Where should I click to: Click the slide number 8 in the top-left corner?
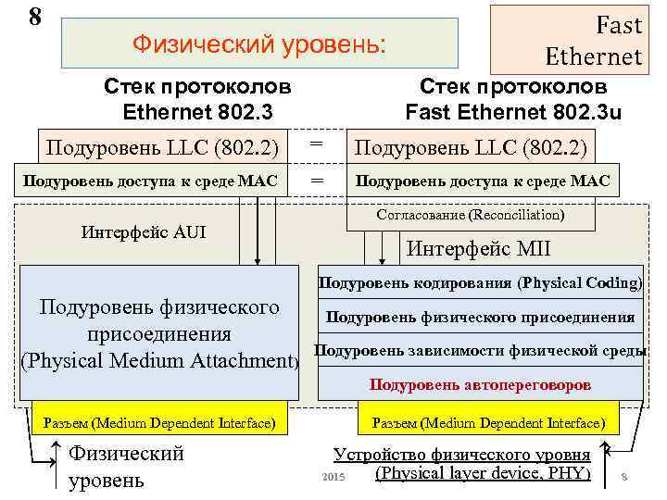pyautogui.click(x=35, y=17)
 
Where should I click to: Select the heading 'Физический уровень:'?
pyautogui.click(x=259, y=44)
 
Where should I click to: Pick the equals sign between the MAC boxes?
pyautogui.click(x=317, y=181)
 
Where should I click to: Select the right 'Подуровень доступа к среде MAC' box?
pyautogui.click(x=483, y=181)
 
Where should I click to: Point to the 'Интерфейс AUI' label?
pyautogui.click(x=144, y=231)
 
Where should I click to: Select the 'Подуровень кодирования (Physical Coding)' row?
pyautogui.click(x=480, y=282)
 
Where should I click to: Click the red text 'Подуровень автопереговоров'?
pyautogui.click(x=480, y=382)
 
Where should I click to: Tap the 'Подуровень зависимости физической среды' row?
pyautogui.click(x=480, y=350)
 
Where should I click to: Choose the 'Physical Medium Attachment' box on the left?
pyautogui.click(x=159, y=333)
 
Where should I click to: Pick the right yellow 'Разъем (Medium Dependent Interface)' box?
pyautogui.click(x=487, y=423)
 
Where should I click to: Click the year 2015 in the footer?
pyautogui.click(x=332, y=476)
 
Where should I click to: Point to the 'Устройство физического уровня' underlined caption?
pyautogui.click(x=461, y=455)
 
